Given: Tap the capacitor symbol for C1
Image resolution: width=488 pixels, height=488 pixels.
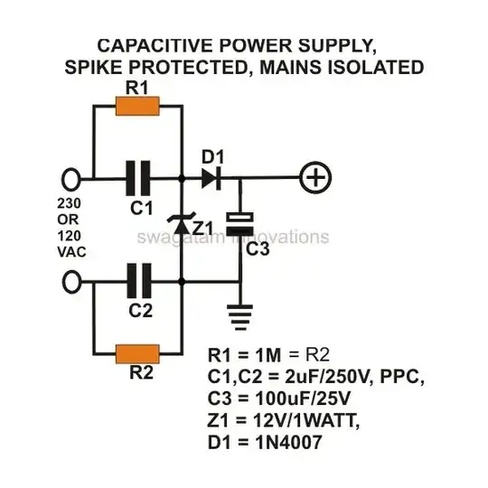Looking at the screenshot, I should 137,178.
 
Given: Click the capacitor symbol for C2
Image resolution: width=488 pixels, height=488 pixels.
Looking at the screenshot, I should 137,283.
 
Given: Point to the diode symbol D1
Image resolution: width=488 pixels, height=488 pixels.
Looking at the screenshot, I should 211,178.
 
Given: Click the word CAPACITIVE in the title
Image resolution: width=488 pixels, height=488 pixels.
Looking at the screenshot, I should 155,44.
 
